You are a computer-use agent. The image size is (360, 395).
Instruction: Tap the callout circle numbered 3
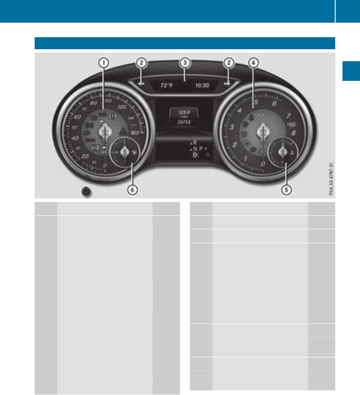(184, 62)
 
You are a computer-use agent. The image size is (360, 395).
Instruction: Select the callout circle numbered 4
(254, 62)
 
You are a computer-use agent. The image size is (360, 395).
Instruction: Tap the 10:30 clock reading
(202, 85)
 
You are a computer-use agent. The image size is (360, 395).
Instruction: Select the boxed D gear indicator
(195, 155)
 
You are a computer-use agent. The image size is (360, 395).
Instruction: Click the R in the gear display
(195, 142)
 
